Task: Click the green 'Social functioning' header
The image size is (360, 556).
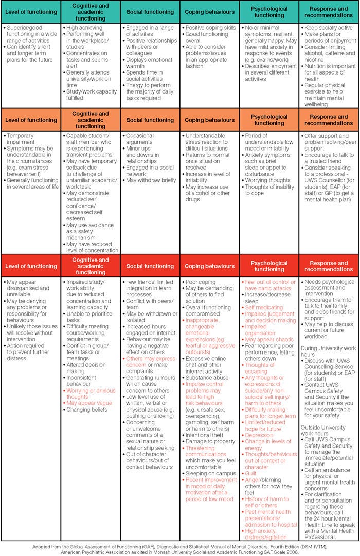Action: tap(150, 11)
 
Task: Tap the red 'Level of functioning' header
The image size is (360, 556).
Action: tap(31, 266)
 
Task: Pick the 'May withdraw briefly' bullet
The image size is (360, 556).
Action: tap(151, 180)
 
